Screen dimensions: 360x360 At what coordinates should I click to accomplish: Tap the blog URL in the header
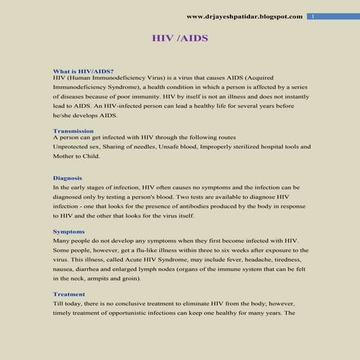(244, 16)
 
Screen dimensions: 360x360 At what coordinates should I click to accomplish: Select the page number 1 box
(312, 16)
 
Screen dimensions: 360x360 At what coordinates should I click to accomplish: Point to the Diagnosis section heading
(68, 177)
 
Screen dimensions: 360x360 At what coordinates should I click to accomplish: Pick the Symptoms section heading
(69, 231)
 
